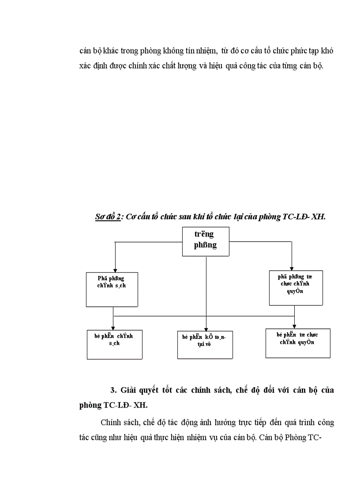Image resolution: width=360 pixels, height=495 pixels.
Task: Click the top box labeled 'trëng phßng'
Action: tap(206, 241)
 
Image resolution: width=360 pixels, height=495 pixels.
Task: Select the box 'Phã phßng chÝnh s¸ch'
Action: tap(112, 289)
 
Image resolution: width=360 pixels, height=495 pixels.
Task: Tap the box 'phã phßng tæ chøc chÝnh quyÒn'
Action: tap(296, 287)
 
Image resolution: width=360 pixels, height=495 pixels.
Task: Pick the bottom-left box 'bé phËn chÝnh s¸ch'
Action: tap(114, 344)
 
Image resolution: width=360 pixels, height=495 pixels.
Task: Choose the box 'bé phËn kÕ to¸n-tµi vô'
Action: tap(205, 344)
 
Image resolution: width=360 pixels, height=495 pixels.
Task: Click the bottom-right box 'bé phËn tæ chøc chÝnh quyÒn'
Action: tap(298, 342)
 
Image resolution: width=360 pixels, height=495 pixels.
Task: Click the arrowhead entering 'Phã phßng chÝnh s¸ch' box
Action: tap(115, 270)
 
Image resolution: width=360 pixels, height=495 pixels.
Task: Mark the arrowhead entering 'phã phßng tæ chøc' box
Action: tap(292, 268)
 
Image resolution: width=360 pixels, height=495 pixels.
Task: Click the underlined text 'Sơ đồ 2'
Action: tap(108, 217)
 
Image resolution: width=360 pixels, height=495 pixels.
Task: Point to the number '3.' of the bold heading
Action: tap(112, 390)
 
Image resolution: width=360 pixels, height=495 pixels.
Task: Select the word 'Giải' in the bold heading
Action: tap(129, 390)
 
